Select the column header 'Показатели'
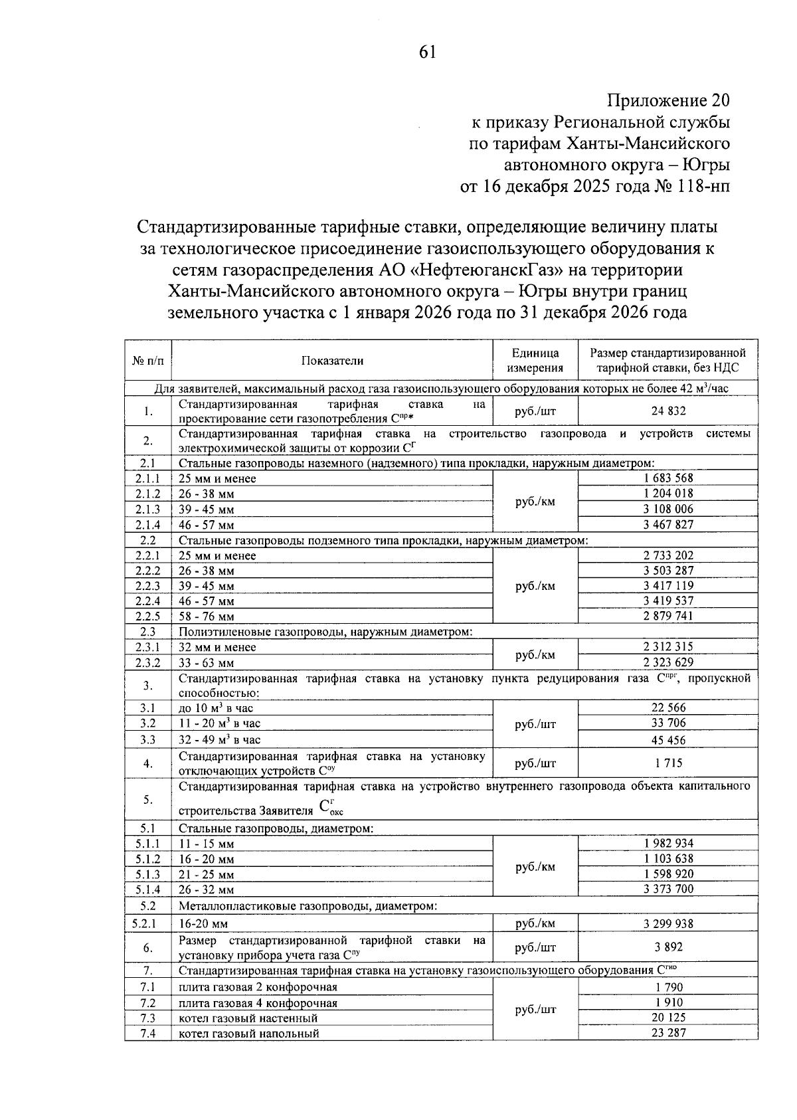point(332,361)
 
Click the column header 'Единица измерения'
point(535,361)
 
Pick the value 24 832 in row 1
point(668,411)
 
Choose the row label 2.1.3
point(147,510)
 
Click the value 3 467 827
point(668,525)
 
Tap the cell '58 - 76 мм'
point(207,616)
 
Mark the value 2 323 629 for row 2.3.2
point(668,662)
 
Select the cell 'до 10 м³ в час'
point(216,708)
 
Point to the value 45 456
point(668,740)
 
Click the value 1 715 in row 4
point(668,764)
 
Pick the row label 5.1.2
point(147,859)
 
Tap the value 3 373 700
point(668,889)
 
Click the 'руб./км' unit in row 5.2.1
point(535,923)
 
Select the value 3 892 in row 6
point(668,947)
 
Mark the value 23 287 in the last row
point(668,1033)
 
